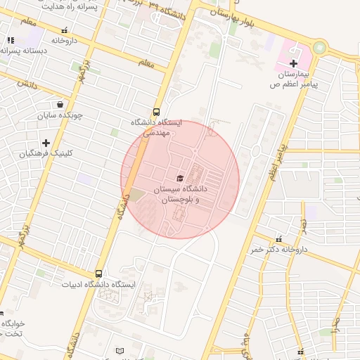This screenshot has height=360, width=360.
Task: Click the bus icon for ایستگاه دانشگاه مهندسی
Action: click(x=156, y=111)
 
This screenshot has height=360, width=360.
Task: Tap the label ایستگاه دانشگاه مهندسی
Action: click(x=156, y=127)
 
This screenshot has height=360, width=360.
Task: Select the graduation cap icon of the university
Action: click(x=180, y=179)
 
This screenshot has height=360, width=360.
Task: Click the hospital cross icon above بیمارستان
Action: click(x=293, y=63)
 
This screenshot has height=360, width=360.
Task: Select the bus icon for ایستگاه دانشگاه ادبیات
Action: click(x=98, y=274)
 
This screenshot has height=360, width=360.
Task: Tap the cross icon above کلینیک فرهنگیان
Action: click(x=46, y=143)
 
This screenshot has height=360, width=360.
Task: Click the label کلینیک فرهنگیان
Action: click(x=46, y=153)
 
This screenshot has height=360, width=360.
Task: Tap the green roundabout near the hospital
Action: click(x=320, y=49)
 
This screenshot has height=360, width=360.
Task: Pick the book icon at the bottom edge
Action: click(x=120, y=350)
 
